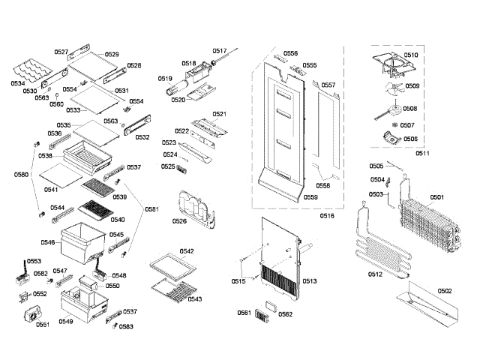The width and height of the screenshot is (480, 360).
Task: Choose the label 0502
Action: (445, 290)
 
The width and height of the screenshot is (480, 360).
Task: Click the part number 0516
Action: (327, 215)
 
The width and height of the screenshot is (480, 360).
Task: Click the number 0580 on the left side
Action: (21, 175)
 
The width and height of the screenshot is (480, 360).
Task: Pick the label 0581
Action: (152, 209)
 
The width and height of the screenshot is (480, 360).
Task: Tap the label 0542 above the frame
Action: (187, 250)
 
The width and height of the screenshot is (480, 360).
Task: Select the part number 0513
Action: (310, 280)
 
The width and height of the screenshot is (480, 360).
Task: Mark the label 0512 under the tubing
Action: (376, 274)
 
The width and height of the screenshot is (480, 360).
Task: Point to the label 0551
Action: (42, 325)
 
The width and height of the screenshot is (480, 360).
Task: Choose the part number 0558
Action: (323, 184)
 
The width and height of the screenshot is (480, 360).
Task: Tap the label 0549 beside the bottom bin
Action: (67, 322)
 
